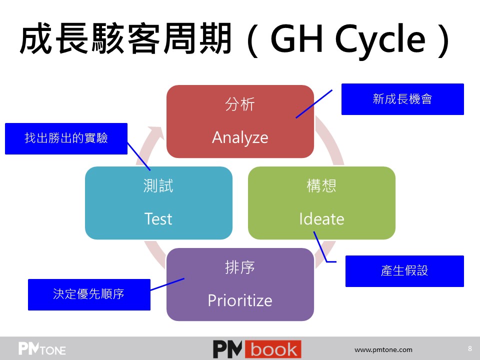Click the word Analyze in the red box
point(240,137)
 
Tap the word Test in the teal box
point(158,219)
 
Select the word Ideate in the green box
point(321,219)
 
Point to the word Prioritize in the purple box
point(240,300)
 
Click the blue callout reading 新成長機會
point(402,99)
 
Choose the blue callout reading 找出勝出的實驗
point(66,138)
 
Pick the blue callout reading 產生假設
point(404,271)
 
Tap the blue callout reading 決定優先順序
point(89,295)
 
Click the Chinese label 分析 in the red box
point(240,104)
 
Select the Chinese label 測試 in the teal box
point(158,186)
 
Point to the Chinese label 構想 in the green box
point(321,186)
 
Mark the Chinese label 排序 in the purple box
point(240,267)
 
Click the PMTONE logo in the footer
point(42,348)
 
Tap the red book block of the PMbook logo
point(273,349)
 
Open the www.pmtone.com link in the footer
point(383,349)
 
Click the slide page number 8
point(470,348)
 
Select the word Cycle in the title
point(380,39)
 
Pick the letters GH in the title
point(296,38)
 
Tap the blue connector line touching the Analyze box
point(314,104)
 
